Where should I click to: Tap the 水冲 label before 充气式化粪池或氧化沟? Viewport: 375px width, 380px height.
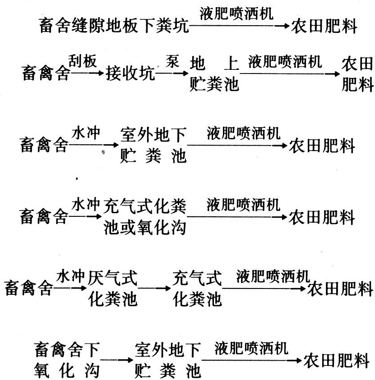tap(85, 206)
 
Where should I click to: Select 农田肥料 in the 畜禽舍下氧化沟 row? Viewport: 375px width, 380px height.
tap(338, 359)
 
